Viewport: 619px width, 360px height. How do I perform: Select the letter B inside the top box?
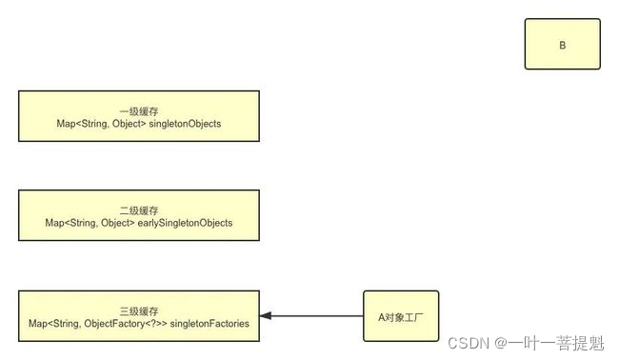pyautogui.click(x=562, y=45)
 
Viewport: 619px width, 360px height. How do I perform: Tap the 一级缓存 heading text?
pyautogui.click(x=139, y=110)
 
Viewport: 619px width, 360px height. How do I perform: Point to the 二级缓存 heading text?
pyautogui.click(x=139, y=210)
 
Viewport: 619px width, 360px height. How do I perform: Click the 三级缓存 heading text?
pyautogui.click(x=139, y=310)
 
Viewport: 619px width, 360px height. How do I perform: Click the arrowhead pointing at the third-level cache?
pyautogui.click(x=266, y=316)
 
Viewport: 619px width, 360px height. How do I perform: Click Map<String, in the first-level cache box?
pyautogui.click(x=77, y=124)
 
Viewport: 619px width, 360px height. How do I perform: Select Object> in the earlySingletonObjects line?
pyautogui.click(x=124, y=223)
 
